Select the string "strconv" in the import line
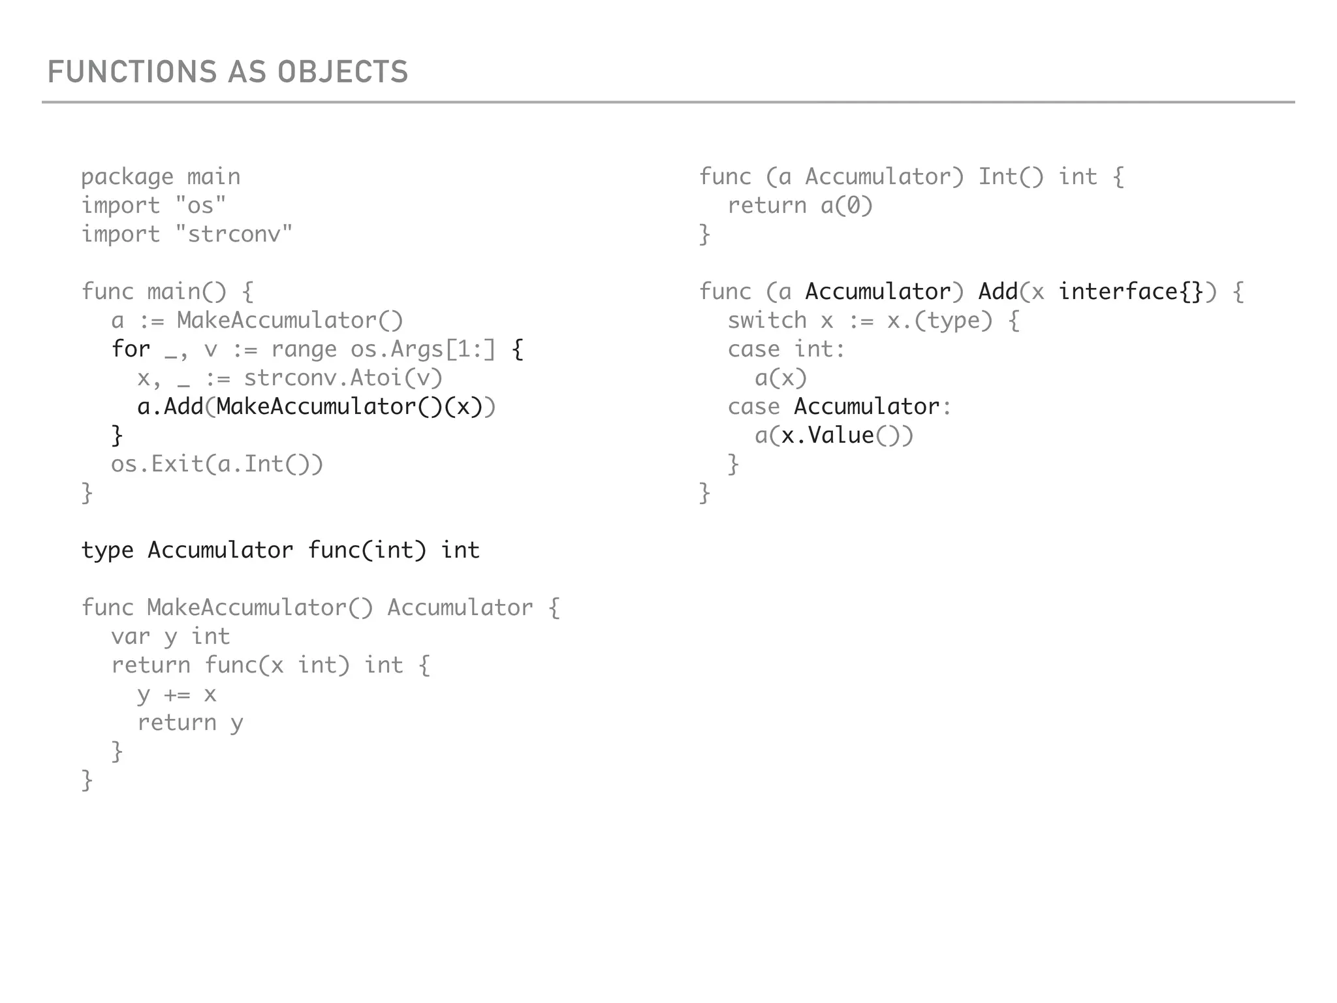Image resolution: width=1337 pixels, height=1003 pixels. coord(234,234)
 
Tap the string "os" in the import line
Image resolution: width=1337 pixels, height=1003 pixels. coord(200,205)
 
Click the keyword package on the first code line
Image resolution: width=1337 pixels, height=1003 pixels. coord(127,177)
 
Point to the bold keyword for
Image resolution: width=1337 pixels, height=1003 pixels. coord(131,349)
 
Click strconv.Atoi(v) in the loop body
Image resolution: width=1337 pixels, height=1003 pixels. coord(343,377)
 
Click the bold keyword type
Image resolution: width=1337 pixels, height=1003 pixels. coord(107,550)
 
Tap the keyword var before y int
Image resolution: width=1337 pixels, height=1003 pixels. coord(131,636)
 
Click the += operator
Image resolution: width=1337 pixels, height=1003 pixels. coord(177,693)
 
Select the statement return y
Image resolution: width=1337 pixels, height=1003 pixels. coord(190,722)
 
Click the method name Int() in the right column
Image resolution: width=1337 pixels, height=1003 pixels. coord(1011,177)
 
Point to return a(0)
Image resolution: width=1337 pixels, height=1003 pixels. coord(800,205)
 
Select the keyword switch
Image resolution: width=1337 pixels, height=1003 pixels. coord(767,320)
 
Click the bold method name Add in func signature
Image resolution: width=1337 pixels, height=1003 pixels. coord(998,291)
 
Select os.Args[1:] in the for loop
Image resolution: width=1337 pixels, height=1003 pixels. coord(423,349)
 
